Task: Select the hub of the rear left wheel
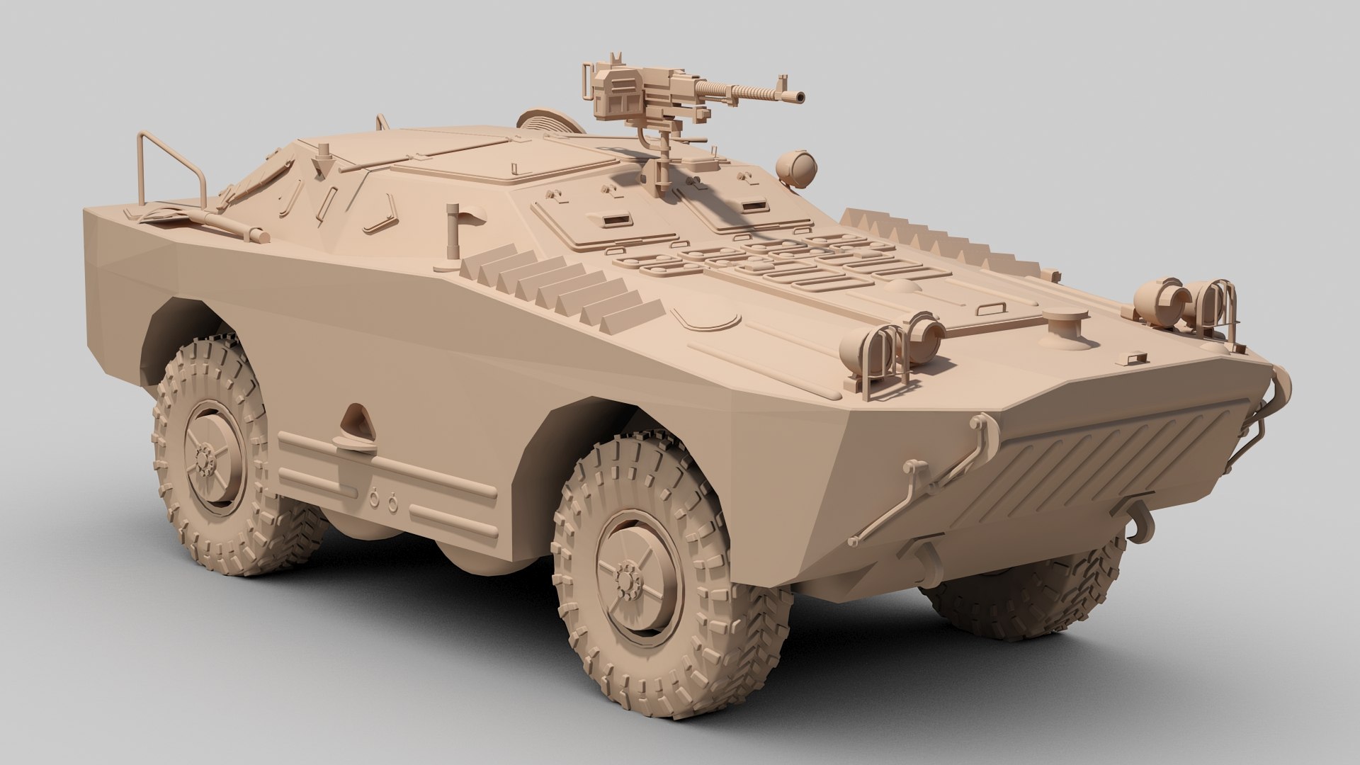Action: pyautogui.click(x=208, y=461)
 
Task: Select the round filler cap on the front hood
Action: pyautogui.click(x=1064, y=323)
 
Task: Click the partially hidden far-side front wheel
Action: pyautogui.click(x=1034, y=588)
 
